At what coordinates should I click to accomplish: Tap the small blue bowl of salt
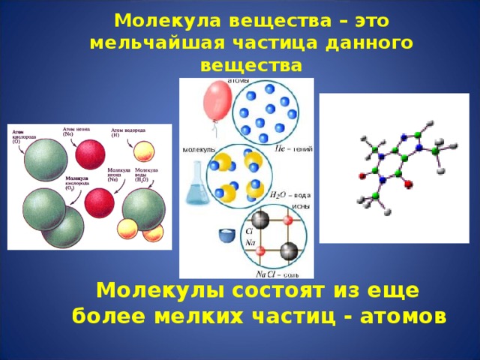(226, 235)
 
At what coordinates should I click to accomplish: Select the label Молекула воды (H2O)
(146, 175)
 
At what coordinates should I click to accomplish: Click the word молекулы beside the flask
(199, 148)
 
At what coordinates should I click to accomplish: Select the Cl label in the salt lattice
(249, 233)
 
